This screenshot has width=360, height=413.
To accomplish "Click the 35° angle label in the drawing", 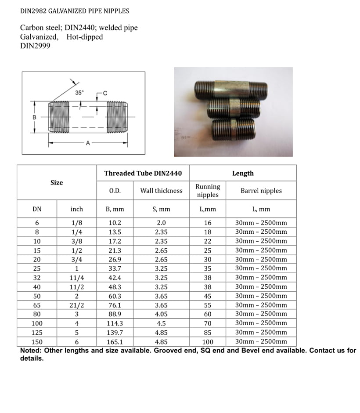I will (79, 93).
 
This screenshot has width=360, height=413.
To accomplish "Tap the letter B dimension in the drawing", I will (34, 117).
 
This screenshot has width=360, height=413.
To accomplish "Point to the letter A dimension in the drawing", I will (88, 143).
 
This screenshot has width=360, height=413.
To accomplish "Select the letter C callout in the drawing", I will (104, 93).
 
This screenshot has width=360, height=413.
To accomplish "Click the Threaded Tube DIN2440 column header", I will (143, 173).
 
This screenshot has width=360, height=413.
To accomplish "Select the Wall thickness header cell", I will (161, 191).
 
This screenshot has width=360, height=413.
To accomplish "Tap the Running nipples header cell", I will (208, 191).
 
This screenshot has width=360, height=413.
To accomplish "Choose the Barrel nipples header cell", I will (261, 191).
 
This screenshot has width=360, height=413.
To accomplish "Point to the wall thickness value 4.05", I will (161, 314).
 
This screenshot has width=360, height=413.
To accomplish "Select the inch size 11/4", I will (76, 278).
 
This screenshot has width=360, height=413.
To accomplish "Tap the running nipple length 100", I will (208, 342).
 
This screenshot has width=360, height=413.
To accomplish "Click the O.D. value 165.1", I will (116, 342).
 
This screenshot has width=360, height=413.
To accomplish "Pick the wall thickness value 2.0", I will (161, 223).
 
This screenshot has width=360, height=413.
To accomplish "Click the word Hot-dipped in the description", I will (85, 37).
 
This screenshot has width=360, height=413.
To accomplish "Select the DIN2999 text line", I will (35, 46).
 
